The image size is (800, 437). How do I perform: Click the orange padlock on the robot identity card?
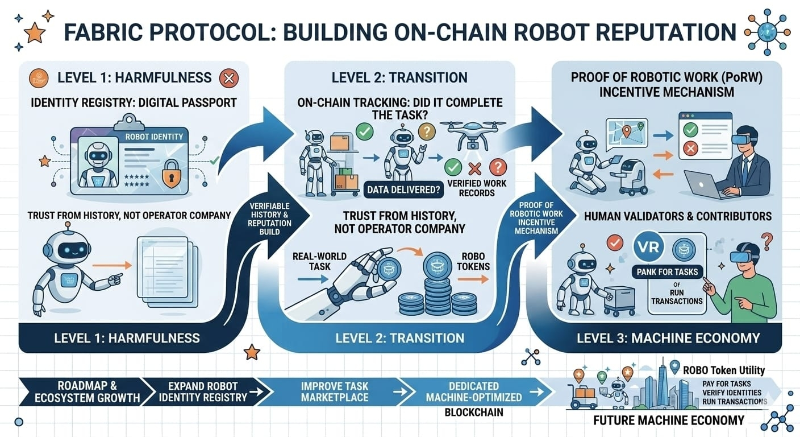(x=170, y=176)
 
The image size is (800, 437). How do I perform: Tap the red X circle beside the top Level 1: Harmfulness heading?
(x=228, y=78)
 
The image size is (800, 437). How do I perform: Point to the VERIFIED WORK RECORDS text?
(x=472, y=188)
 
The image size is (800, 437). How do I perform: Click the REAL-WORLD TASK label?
(x=312, y=261)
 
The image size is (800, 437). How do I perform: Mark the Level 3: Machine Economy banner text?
(x=668, y=338)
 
